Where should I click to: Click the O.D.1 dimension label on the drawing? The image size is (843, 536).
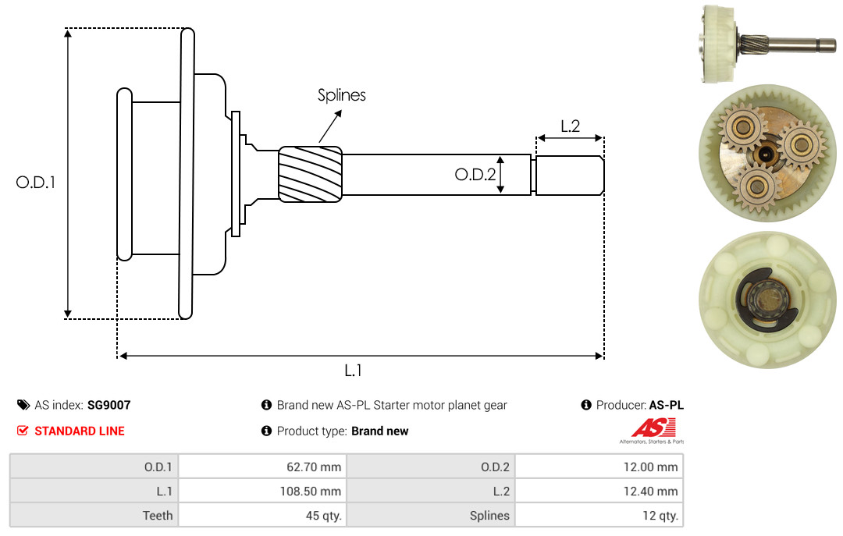point(35,183)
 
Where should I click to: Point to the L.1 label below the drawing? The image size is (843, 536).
point(353,371)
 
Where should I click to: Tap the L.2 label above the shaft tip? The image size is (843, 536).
point(570,126)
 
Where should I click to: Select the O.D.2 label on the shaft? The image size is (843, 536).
point(475,174)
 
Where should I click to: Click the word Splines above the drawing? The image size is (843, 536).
point(341,95)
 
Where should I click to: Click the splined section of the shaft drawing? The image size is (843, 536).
point(310,174)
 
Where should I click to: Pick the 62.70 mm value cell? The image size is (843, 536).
point(262,467)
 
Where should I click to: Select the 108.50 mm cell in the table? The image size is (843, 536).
point(262,491)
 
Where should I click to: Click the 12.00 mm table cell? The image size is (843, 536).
point(599,467)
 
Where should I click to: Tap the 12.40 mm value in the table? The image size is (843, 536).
point(599,491)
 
